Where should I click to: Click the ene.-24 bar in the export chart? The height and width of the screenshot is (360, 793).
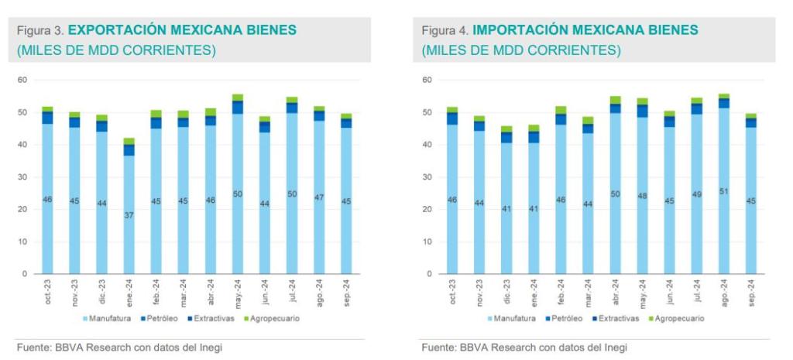129,209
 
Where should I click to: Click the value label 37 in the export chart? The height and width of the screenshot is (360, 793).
129,215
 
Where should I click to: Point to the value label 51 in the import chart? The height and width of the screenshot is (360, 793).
723,191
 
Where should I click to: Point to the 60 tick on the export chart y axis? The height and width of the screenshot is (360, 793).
22,80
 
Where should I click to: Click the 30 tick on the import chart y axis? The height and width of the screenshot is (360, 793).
427,177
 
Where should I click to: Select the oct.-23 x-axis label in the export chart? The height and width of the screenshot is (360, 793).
47,293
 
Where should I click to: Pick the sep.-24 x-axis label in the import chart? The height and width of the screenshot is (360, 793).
750,293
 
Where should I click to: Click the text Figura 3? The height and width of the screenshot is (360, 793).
40,30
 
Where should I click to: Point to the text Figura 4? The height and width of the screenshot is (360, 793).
445,30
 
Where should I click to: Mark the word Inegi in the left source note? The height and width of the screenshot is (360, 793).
209,348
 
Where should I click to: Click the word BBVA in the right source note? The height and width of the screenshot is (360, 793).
475,348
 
